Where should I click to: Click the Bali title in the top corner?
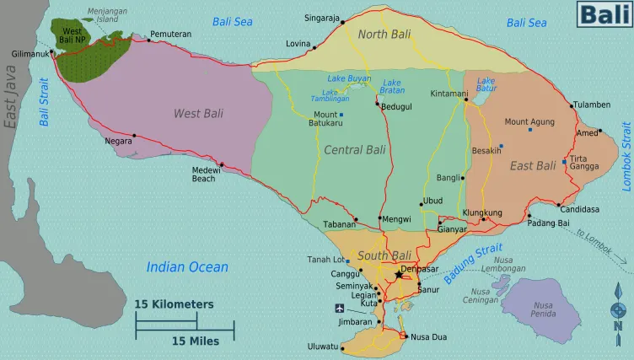pyautogui.click(x=603, y=14)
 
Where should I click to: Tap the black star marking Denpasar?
pyautogui.click(x=398, y=275)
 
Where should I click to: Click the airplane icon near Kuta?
pyautogui.click(x=340, y=308)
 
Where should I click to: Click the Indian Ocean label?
pyautogui.click(x=187, y=267)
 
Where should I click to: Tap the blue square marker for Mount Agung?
pyautogui.click(x=530, y=130)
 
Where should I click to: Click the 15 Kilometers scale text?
pyautogui.click(x=174, y=304)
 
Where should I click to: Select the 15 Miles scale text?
pyautogui.click(x=196, y=341)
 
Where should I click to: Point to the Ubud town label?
pyautogui.click(x=433, y=201)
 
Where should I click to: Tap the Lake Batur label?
pyautogui.click(x=486, y=85)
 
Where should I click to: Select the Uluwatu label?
pyautogui.click(x=321, y=347)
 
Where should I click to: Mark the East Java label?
pyautogui.click(x=11, y=99)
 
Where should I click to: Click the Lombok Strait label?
pyautogui.click(x=626, y=157)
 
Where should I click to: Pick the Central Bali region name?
pyautogui.click(x=354, y=150)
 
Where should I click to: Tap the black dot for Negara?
pyautogui.click(x=133, y=135)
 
